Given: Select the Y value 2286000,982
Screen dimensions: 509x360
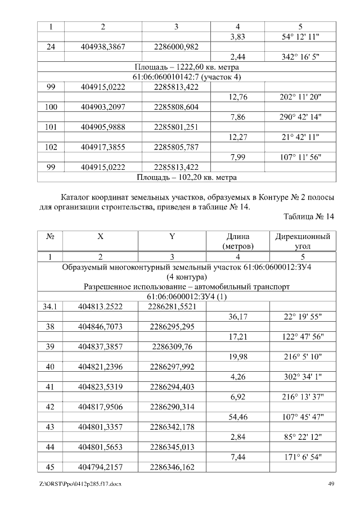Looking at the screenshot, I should click(176, 47).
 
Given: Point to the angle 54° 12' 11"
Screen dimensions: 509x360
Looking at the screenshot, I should click(300, 37).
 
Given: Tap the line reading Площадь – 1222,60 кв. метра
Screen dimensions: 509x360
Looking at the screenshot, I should click(187, 67).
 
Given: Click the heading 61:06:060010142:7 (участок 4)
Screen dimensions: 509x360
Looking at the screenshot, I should click(187, 76).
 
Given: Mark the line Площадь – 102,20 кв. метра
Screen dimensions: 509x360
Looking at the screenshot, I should click(187, 177).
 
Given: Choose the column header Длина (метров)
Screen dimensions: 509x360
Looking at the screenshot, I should click(239, 241).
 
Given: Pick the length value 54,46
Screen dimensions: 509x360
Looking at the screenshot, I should click(239, 417).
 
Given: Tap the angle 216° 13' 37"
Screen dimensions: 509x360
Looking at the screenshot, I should click(300, 397).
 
